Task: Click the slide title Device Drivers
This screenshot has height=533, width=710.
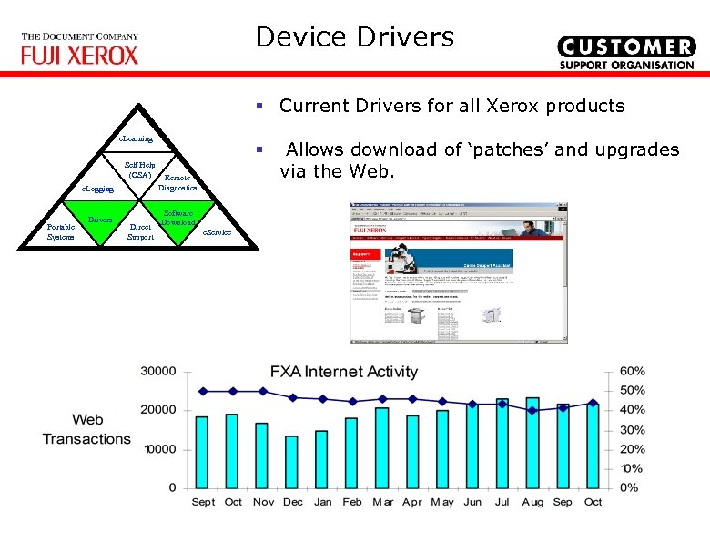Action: pyautogui.click(x=354, y=37)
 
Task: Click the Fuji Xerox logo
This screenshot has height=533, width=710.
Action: pyautogui.click(x=80, y=49)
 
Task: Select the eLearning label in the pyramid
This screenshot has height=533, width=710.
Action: pyautogui.click(x=136, y=138)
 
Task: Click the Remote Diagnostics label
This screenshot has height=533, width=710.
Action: pyautogui.click(x=177, y=183)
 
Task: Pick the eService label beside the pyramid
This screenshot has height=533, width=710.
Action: pyautogui.click(x=217, y=233)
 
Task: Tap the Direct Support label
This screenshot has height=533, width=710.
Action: pyautogui.click(x=141, y=231)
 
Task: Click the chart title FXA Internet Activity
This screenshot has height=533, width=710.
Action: pyautogui.click(x=343, y=372)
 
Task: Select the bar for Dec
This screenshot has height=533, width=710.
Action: pyautogui.click(x=291, y=462)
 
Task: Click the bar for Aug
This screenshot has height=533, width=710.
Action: pyautogui.click(x=532, y=443)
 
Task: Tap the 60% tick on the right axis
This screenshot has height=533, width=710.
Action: pyautogui.click(x=632, y=372)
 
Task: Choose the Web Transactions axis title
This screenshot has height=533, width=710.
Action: pyautogui.click(x=86, y=429)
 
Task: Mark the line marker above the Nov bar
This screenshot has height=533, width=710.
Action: pyautogui.click(x=262, y=391)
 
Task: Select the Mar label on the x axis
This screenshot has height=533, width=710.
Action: pyautogui.click(x=382, y=502)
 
